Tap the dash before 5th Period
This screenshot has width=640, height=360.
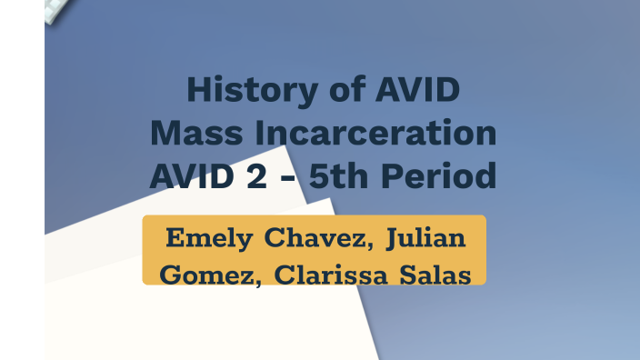coord(287,176)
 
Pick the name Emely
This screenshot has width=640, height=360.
coord(209,238)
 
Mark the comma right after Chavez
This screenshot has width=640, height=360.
coord(370,245)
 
